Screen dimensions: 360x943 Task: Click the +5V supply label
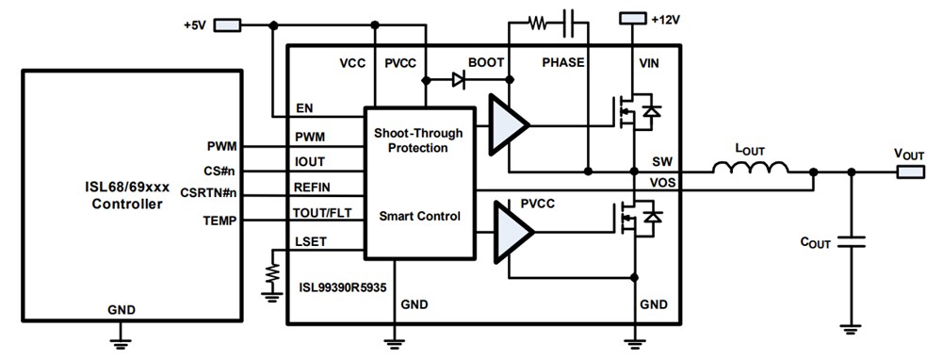tap(194, 23)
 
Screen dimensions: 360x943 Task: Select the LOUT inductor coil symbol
tap(751, 171)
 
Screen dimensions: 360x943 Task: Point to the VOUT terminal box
tap(911, 172)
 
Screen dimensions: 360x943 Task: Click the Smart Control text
tap(419, 216)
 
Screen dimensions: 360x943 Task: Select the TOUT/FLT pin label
tap(322, 212)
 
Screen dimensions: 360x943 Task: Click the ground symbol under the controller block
tap(121, 335)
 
